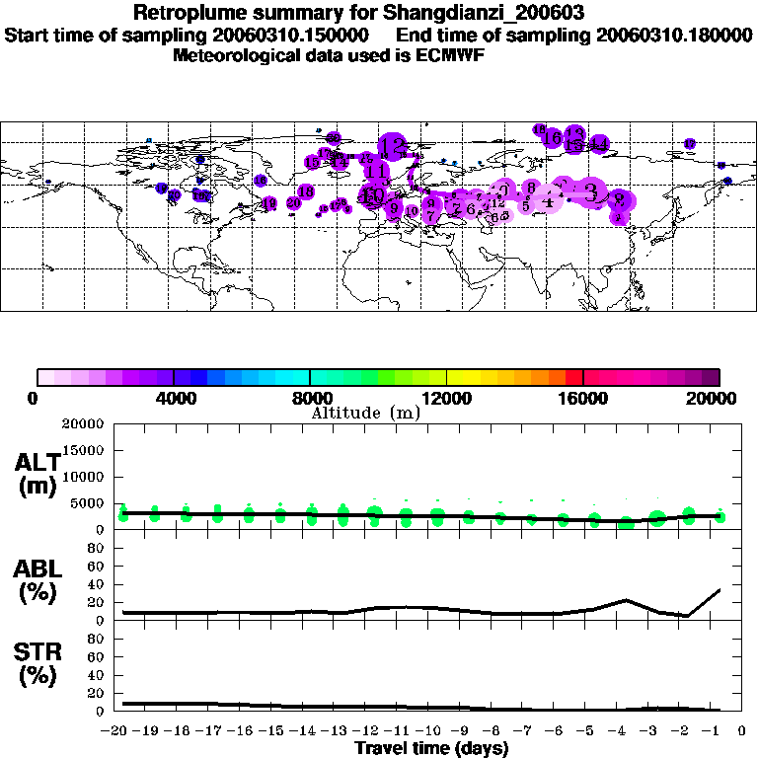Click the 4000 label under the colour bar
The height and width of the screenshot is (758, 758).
[x=173, y=399]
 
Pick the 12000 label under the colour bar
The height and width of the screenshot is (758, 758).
[x=446, y=399]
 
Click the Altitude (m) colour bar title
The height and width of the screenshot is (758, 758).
[x=365, y=413]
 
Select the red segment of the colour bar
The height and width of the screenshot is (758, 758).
[x=573, y=376]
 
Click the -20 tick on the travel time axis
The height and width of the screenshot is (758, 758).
[x=116, y=731]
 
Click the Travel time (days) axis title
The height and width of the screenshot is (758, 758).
[x=431, y=749]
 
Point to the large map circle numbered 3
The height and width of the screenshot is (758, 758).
[x=591, y=191]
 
